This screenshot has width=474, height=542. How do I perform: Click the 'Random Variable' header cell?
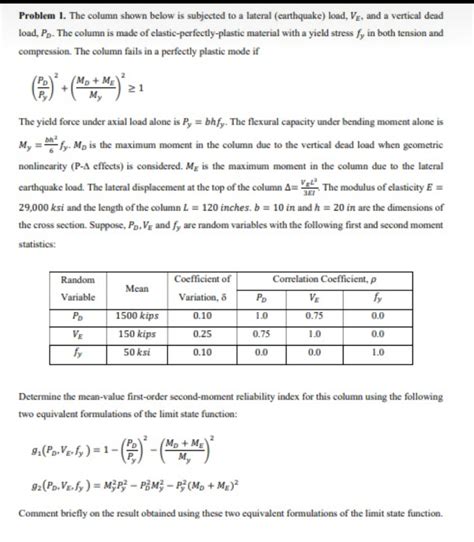(77, 287)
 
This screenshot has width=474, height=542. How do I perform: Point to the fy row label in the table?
(77, 352)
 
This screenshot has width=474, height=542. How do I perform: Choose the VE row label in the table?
(77, 333)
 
